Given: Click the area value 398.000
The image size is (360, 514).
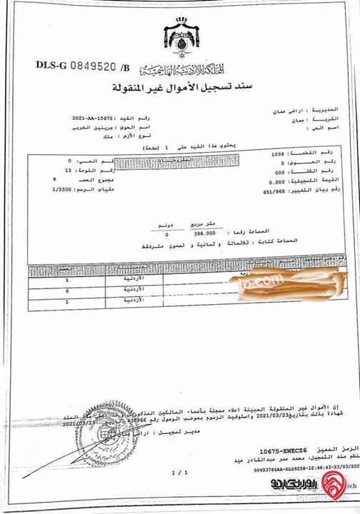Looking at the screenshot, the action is (x=204, y=233).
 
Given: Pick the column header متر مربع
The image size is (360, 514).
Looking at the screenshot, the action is (x=206, y=223).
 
